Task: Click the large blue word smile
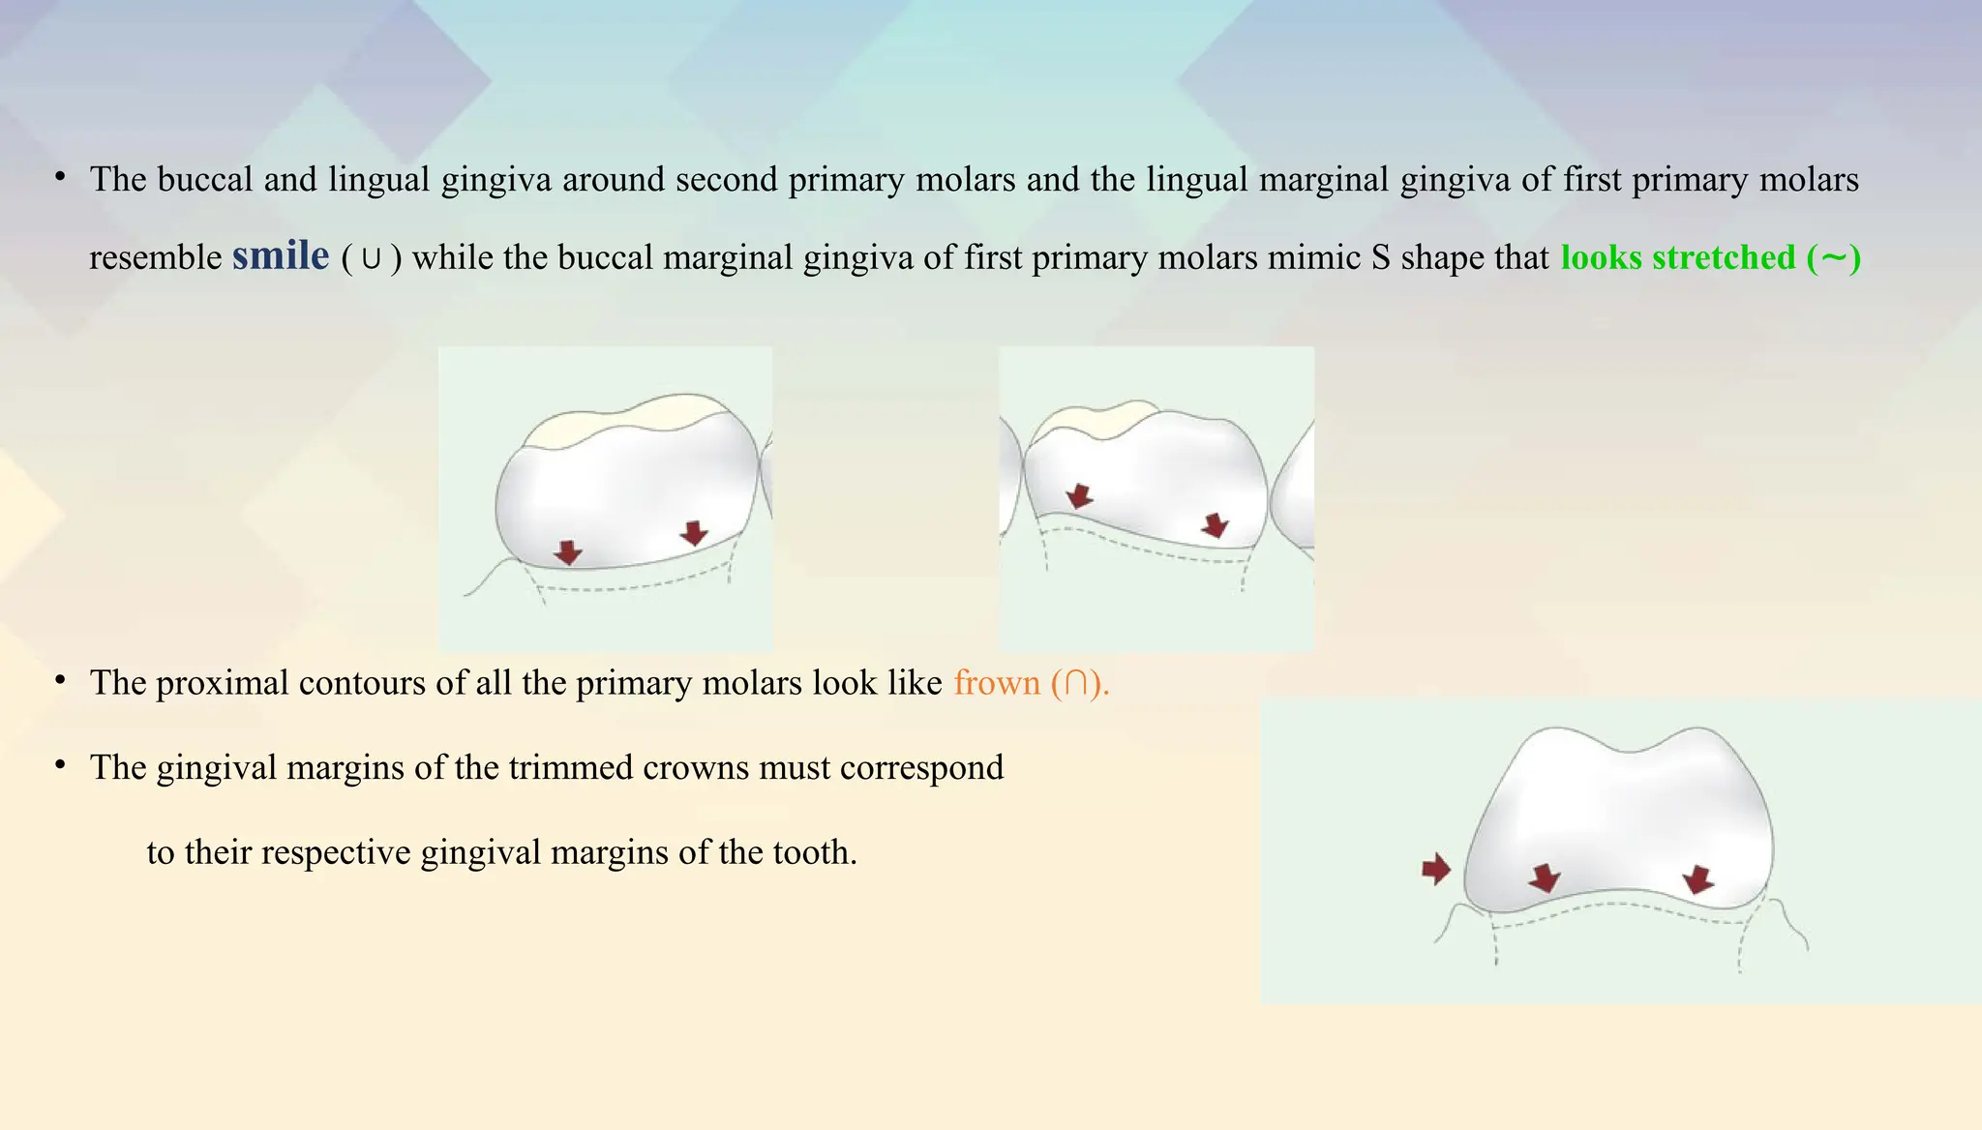point(281,256)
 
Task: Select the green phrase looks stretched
point(1678,258)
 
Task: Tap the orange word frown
point(996,683)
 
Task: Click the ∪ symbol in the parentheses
point(371,259)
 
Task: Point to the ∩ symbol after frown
point(1075,684)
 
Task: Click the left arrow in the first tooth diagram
point(568,552)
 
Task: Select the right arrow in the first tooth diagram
point(694,532)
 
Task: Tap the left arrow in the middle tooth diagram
point(1079,496)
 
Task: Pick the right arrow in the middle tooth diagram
point(1215,525)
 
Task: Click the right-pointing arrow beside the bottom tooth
point(1436,869)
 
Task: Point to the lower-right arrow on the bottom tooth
point(1697,879)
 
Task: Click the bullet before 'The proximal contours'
point(60,681)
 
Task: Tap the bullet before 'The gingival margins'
point(60,766)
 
